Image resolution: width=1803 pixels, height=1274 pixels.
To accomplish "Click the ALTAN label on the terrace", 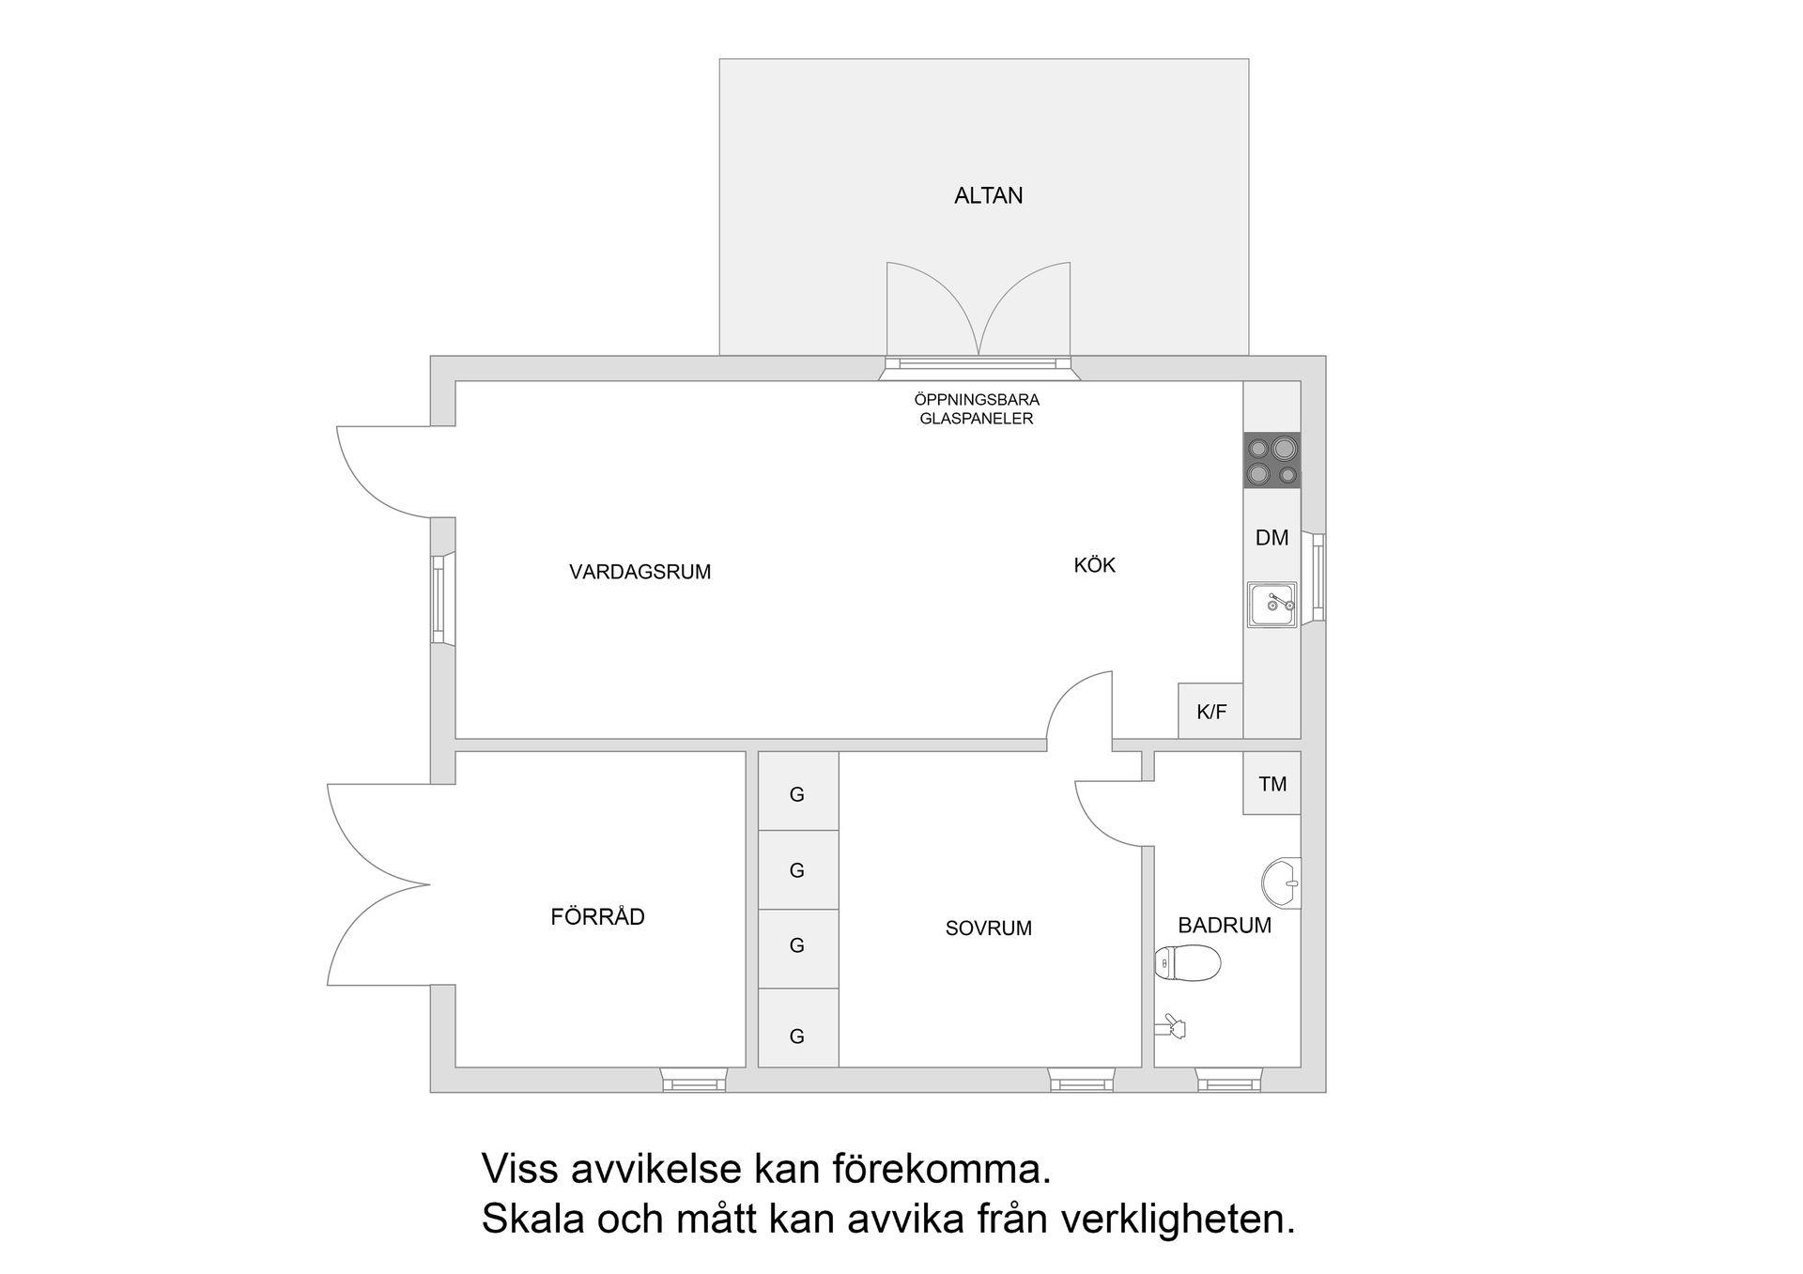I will click(988, 195).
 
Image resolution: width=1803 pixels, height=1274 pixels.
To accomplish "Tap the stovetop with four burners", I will click(1271, 460).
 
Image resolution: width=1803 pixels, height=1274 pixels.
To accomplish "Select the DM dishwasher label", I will click(1271, 538).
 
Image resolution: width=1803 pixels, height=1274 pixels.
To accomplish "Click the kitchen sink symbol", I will click(1271, 604).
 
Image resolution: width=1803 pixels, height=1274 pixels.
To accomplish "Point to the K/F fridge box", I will click(1210, 712).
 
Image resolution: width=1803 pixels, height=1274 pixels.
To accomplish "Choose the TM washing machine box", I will click(1271, 783).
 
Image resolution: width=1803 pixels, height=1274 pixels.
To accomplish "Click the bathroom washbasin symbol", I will click(1281, 883).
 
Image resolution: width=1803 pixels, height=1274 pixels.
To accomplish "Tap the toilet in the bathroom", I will click(1188, 962).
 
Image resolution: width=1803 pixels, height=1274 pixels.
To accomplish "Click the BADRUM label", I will click(1224, 925).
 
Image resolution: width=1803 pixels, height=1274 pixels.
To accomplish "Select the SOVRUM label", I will click(988, 928).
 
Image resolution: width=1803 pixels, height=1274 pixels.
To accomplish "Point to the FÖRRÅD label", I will click(597, 916).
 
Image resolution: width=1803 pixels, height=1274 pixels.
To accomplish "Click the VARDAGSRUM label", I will click(640, 572).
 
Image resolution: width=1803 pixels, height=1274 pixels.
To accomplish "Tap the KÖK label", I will click(1094, 565).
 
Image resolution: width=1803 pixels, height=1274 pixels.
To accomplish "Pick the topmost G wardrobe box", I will click(797, 794).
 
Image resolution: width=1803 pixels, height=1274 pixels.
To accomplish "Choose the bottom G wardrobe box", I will click(797, 1036).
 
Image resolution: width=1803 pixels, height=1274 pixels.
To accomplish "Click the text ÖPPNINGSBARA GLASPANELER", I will click(977, 409).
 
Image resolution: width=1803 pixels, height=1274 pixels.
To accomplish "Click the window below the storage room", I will click(694, 1082).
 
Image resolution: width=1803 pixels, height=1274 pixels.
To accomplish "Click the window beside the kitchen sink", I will click(1318, 577).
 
